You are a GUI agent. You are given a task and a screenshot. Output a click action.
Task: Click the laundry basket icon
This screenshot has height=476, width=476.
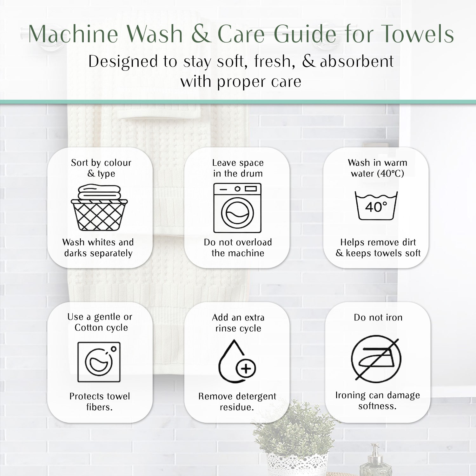(99, 208)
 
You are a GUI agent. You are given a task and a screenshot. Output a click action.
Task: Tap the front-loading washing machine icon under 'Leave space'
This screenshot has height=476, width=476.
(237, 208)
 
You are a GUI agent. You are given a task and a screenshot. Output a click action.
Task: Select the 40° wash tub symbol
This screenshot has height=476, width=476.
(376, 206)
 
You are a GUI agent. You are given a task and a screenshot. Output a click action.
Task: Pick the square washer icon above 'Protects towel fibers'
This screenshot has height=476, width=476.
(99, 362)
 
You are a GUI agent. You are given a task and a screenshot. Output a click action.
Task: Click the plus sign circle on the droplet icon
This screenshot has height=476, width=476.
(246, 369)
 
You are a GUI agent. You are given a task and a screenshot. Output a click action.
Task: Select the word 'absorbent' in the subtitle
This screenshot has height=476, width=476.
(357, 61)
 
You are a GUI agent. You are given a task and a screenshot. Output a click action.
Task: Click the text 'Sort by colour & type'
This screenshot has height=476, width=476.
(101, 168)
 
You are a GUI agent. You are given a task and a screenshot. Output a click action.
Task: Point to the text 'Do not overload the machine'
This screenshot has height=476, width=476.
(238, 248)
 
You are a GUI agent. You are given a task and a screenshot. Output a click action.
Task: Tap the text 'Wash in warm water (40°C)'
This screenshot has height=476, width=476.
(378, 168)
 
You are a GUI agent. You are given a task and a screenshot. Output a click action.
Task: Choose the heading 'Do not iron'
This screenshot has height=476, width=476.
(378, 317)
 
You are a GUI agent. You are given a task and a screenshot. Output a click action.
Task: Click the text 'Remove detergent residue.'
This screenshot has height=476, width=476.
(237, 402)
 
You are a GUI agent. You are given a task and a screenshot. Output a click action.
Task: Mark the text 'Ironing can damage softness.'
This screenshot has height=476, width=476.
(378, 401)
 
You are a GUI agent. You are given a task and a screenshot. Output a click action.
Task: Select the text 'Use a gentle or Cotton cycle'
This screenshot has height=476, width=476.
(100, 322)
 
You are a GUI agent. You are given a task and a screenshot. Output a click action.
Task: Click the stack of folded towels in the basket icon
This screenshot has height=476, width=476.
(99, 193)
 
